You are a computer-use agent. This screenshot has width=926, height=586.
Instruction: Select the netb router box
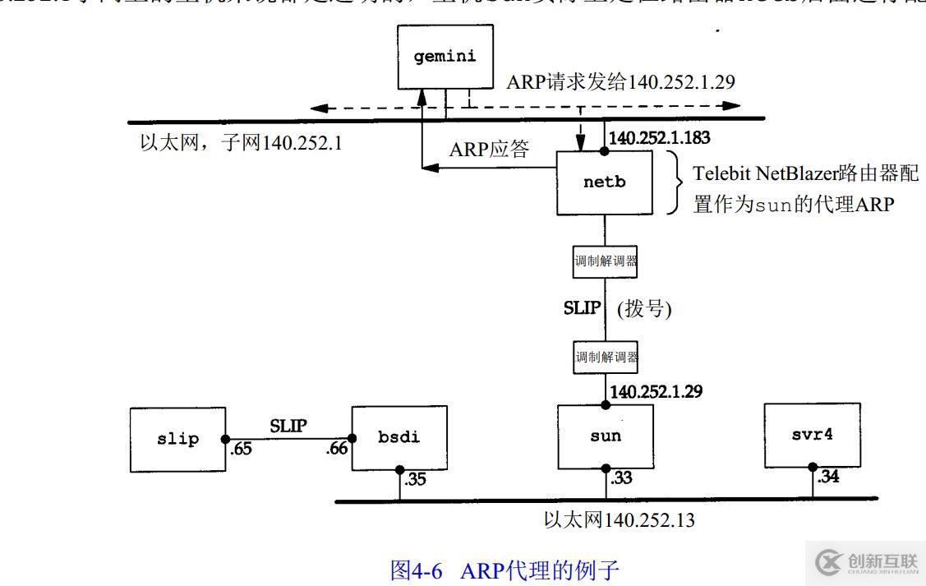click(x=605, y=182)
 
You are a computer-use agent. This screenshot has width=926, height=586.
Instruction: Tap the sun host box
click(x=606, y=436)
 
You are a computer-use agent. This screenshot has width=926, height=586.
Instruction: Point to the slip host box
click(x=177, y=440)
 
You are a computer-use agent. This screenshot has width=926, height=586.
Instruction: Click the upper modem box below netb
click(x=606, y=264)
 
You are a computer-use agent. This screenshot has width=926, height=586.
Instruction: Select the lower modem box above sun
click(x=606, y=358)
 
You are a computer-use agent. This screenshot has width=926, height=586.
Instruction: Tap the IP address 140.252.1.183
click(x=660, y=139)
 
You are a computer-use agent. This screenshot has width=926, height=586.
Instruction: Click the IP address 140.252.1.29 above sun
click(x=656, y=392)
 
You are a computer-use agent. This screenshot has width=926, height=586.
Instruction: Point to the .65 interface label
click(x=241, y=449)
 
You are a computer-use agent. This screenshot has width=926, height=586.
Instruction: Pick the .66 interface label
click(x=337, y=449)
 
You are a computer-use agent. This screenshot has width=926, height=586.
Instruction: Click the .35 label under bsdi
click(x=415, y=479)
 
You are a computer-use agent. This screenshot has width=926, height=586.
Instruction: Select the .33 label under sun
click(x=621, y=477)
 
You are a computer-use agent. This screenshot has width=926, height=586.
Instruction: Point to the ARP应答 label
click(x=489, y=150)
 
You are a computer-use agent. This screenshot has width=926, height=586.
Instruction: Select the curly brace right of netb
click(x=678, y=182)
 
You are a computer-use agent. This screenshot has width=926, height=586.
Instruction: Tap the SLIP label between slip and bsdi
click(x=288, y=426)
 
